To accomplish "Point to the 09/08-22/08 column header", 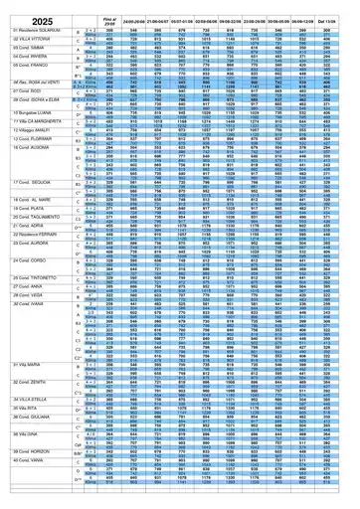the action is click(x=232, y=20).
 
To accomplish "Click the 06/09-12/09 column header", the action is click(x=309, y=20).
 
